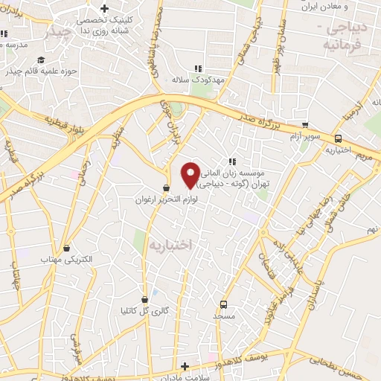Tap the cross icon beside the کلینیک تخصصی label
coord(105,8)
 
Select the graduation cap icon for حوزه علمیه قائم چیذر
coord(42,60)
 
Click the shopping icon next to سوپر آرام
coord(305,126)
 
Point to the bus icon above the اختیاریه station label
coord(339,138)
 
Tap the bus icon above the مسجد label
coord(223,304)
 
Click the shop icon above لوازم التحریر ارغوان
coord(167,188)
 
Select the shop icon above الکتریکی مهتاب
coord(68,248)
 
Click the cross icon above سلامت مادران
coord(185,365)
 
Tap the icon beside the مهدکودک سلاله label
coord(198,68)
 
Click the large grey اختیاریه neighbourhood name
coord(170,244)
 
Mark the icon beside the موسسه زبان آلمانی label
coord(232,161)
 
